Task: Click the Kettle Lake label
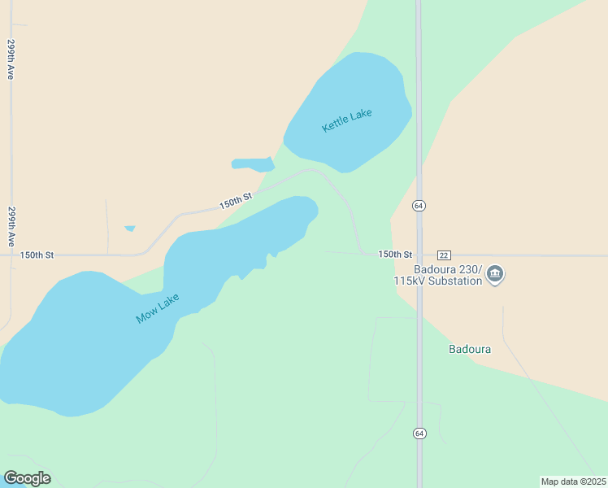pos(347,120)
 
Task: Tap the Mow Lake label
pos(158,308)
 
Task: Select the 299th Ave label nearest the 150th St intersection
pos(12,226)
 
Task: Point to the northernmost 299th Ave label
pos(11,59)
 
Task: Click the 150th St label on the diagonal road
pos(236,200)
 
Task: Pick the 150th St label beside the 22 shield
pos(396,255)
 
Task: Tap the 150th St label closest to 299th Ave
pos(37,255)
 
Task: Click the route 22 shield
pos(444,255)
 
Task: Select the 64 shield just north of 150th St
pos(419,206)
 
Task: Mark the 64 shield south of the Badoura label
pos(419,433)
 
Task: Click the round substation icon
pos(495,275)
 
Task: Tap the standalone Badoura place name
pos(470,350)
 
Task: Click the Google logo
pos(27,478)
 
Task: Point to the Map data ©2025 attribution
pos(573,481)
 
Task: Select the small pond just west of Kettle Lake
pos(253,164)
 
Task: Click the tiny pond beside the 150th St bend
pos(129,229)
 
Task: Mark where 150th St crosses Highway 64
pos(419,255)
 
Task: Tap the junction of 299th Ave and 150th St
pos(11,255)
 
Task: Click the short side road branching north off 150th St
pos(107,228)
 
